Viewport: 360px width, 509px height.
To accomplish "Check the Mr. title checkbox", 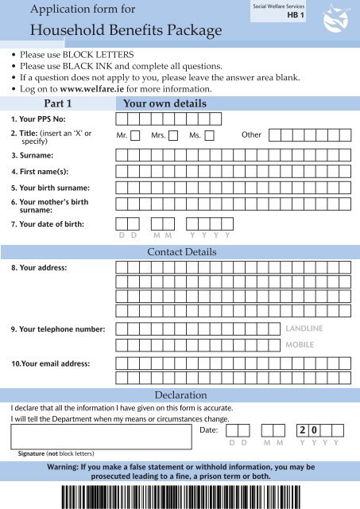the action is point(135,135).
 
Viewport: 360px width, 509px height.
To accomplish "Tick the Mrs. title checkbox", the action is point(172,135).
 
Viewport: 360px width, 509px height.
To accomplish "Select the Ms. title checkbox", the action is point(209,135).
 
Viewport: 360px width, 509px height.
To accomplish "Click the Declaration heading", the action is point(180,394).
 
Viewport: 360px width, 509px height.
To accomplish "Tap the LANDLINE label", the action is point(306,328).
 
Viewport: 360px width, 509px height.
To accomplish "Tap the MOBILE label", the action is point(300,346).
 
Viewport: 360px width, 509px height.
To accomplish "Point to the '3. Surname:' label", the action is point(32,153).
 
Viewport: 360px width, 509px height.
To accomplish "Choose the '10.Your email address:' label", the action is point(50,363).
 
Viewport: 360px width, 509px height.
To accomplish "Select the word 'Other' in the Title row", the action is point(251,135).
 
